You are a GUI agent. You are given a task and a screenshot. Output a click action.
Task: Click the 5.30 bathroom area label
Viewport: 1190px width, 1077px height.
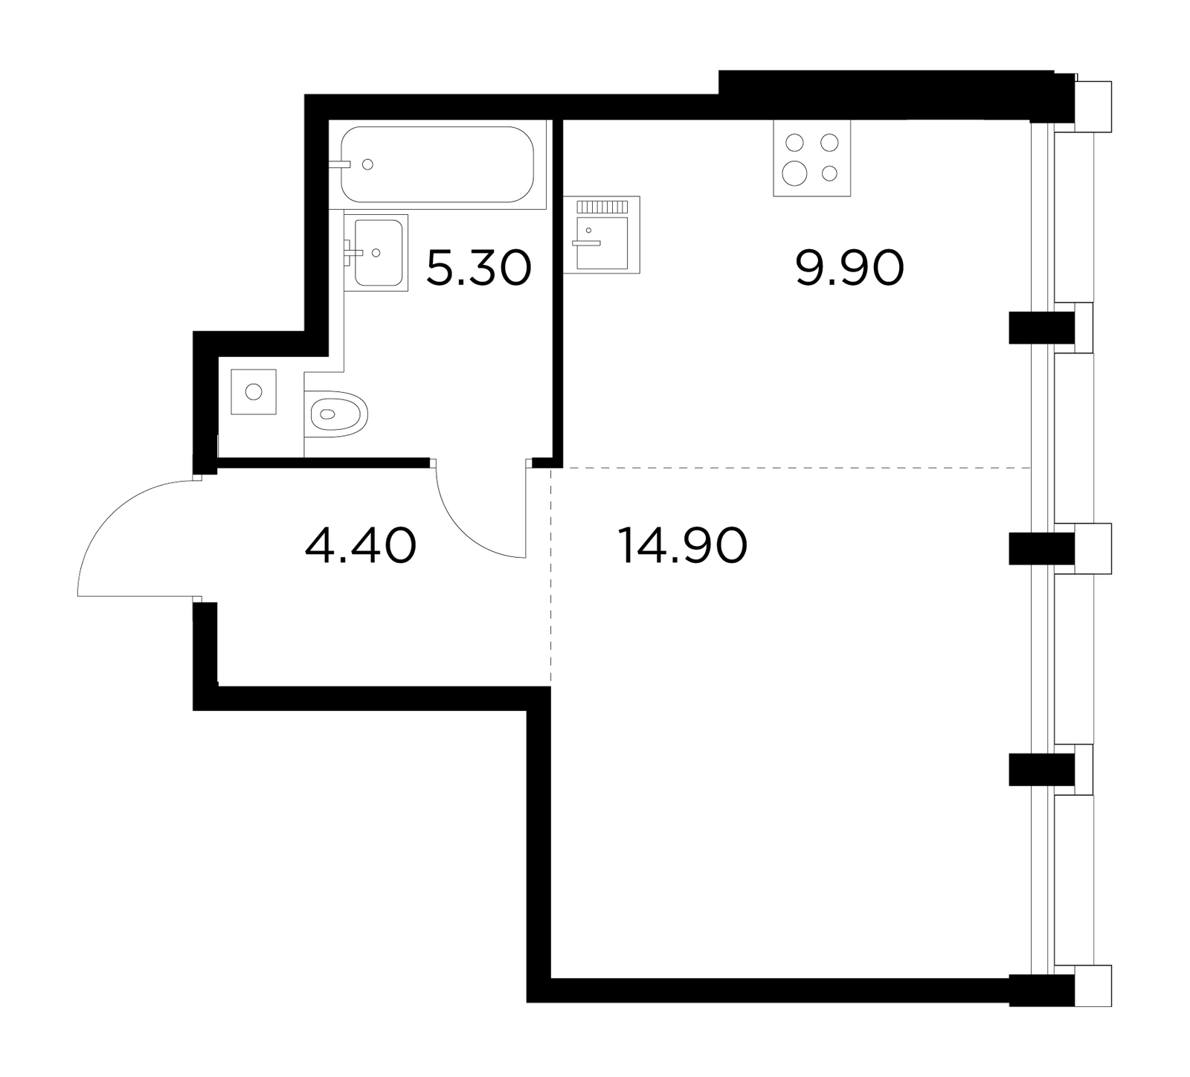[479, 269]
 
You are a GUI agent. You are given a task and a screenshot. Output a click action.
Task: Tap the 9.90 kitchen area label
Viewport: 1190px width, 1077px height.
[850, 269]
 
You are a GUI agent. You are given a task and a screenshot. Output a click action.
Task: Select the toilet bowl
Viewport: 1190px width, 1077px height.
[337, 414]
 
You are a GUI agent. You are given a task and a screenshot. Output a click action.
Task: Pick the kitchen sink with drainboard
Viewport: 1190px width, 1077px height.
[602, 234]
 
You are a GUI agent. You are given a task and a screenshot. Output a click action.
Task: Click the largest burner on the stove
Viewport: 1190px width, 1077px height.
[794, 173]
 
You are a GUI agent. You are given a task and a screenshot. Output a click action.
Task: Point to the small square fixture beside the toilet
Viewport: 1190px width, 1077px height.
[254, 391]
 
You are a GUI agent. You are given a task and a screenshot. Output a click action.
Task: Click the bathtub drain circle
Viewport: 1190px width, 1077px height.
[367, 164]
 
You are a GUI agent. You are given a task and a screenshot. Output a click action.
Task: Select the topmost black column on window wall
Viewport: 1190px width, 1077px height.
[1042, 327]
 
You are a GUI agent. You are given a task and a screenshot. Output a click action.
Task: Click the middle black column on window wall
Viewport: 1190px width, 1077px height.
[1042, 549]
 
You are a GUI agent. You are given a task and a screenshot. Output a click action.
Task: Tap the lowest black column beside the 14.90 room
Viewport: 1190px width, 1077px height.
[1042, 770]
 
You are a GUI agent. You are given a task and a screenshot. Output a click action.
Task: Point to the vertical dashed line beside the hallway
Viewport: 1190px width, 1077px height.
[550, 576]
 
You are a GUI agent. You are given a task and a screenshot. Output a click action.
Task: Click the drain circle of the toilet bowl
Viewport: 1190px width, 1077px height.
[326, 414]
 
